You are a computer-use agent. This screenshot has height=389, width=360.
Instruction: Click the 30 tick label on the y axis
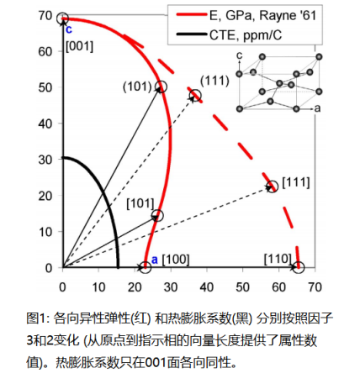point(47,159)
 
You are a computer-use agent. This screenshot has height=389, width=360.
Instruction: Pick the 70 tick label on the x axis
point(314,284)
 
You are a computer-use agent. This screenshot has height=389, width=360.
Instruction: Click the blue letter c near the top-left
point(69,29)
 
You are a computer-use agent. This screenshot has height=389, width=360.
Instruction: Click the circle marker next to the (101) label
point(160,87)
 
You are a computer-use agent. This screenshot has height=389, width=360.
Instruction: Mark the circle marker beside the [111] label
point(272,187)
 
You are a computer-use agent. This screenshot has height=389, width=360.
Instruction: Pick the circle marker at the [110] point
point(297,267)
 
